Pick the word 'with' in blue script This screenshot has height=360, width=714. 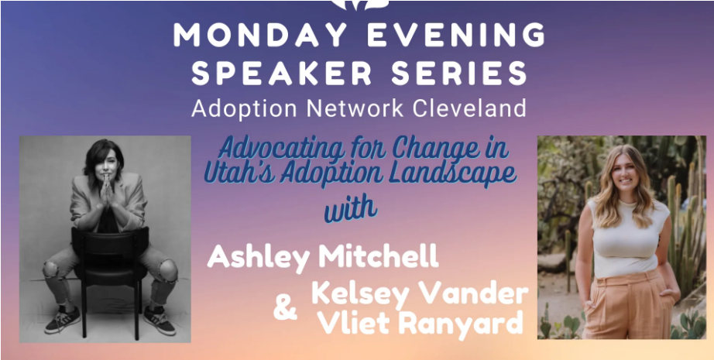point(350,211)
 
